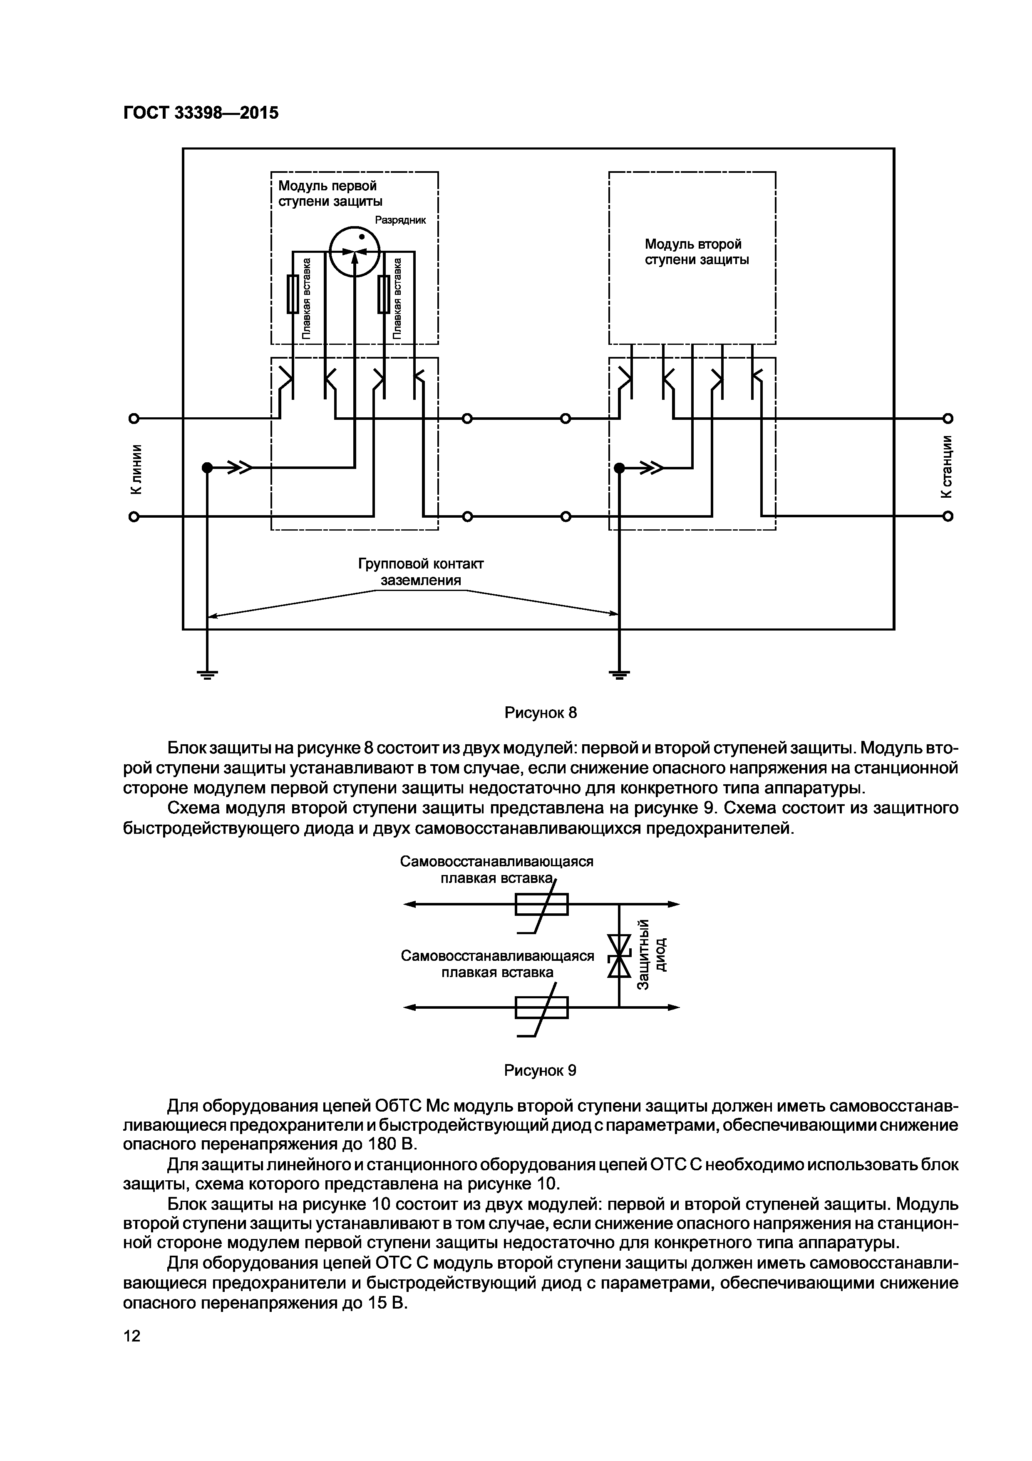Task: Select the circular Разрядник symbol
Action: (x=355, y=252)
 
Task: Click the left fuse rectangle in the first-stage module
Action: (x=293, y=294)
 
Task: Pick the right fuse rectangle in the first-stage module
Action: (x=383, y=294)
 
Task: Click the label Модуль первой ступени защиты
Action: (x=330, y=193)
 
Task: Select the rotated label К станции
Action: (x=947, y=466)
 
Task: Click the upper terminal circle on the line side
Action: (x=134, y=418)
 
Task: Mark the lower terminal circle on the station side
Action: (x=948, y=516)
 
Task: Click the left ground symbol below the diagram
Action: (x=207, y=675)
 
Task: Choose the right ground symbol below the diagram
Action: (x=619, y=675)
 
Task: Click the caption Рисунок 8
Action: (x=541, y=713)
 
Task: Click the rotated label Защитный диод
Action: (x=651, y=955)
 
